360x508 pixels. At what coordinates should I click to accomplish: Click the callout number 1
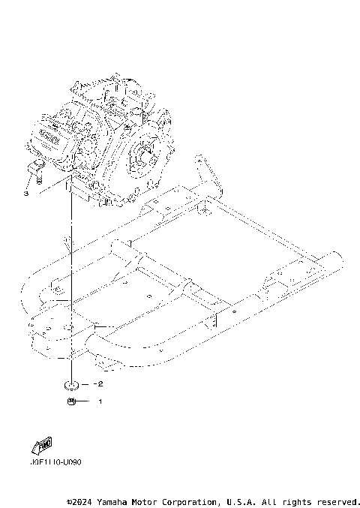[x=99, y=401]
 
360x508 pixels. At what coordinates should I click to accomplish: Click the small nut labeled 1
[x=71, y=402]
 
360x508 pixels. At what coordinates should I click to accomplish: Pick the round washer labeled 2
[x=71, y=384]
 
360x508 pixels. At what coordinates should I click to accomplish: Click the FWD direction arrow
[x=41, y=445]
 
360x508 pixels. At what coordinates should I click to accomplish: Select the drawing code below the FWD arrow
[x=55, y=462]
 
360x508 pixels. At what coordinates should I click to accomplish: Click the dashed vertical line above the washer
[x=71, y=300]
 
